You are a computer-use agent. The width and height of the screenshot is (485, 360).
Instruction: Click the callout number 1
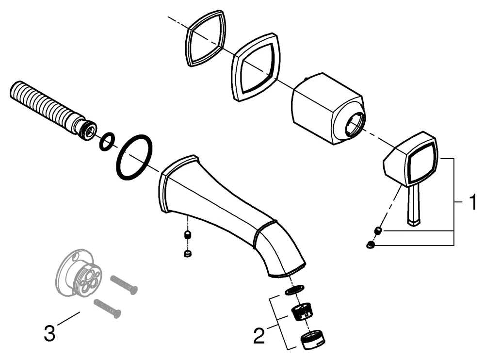(x=469, y=201)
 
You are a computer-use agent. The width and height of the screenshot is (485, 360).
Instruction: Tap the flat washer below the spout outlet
(x=292, y=291)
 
